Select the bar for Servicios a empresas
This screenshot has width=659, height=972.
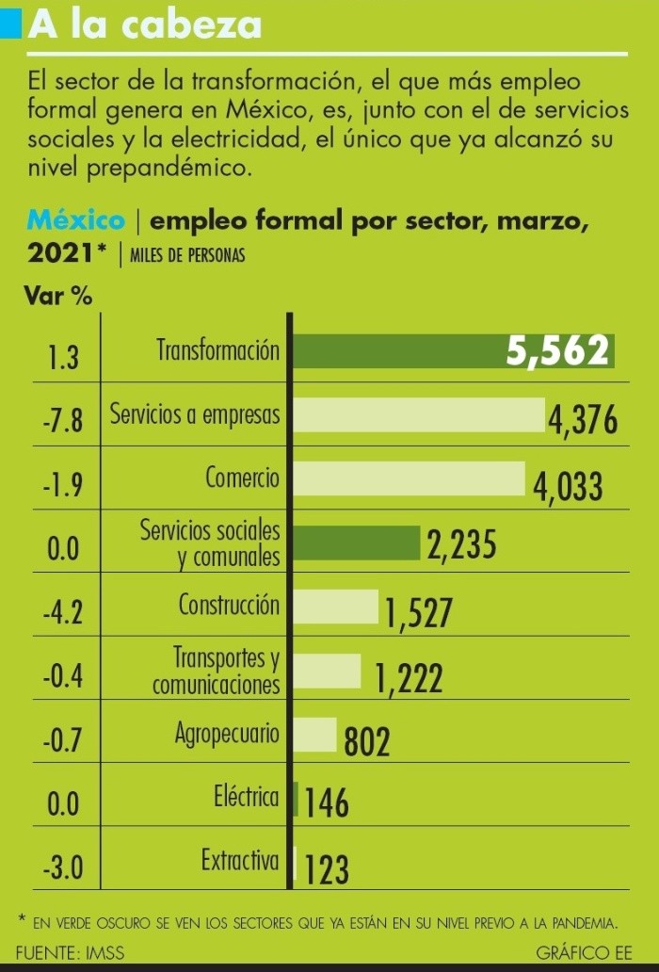click(420, 415)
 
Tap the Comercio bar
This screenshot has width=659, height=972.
click(410, 478)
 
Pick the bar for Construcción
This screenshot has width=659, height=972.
click(336, 607)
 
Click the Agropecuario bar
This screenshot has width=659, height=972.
click(315, 735)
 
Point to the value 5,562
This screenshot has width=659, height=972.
click(560, 351)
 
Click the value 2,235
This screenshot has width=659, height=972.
click(461, 545)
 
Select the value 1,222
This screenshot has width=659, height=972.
click(409, 676)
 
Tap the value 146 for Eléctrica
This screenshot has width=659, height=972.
click(328, 804)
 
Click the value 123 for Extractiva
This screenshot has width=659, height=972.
click(327, 869)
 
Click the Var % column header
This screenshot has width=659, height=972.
click(58, 297)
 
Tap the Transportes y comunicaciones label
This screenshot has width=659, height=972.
click(217, 671)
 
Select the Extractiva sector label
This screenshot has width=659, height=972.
click(240, 860)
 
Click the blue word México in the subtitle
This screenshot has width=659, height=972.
click(77, 221)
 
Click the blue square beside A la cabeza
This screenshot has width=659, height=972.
click(11, 24)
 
